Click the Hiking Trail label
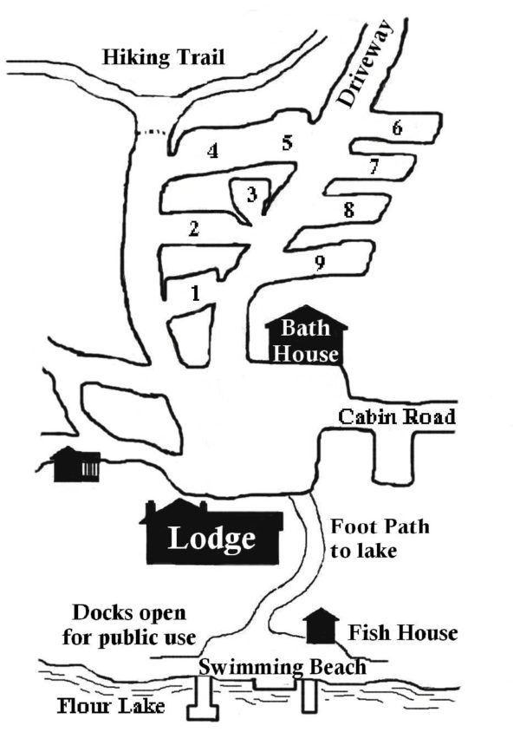[163, 58]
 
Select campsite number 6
[397, 128]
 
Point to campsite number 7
[374, 167]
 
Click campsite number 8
[348, 209]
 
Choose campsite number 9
[320, 264]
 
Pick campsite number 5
[288, 143]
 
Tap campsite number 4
[211, 151]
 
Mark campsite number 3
[251, 193]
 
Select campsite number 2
[194, 229]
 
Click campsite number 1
[196, 293]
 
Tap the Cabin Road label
[396, 417]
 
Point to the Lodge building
[213, 535]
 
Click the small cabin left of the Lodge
[76, 465]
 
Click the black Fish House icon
[322, 626]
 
